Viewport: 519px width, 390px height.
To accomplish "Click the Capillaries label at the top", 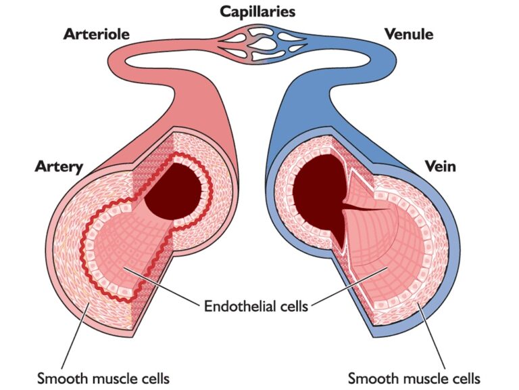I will click(x=258, y=12).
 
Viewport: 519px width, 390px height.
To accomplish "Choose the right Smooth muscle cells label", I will click(x=414, y=377).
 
